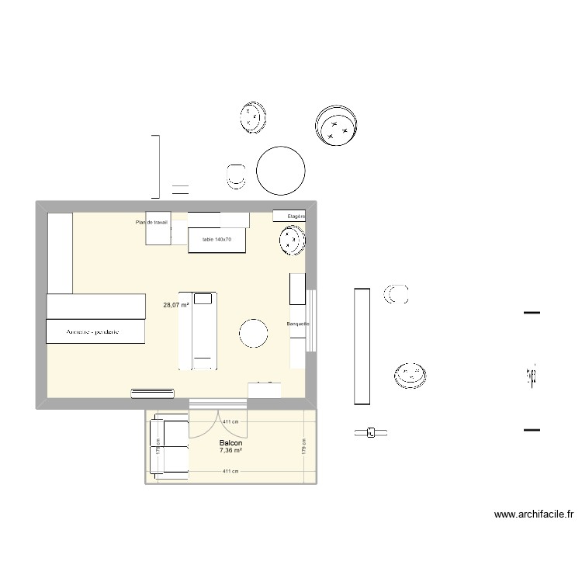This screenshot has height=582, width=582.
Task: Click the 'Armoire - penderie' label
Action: pos(95,332)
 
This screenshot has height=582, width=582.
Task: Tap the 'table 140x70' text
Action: pos(217,240)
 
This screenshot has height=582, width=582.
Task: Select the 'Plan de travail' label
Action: pos(151,223)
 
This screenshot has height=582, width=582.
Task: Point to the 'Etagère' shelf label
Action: pos(296,216)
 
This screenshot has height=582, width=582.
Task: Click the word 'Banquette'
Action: pos(298,324)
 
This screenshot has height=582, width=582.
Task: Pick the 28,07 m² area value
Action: pos(175,306)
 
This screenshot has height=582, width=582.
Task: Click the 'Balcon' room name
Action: pos(230,443)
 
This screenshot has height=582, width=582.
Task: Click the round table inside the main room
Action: pos(255,334)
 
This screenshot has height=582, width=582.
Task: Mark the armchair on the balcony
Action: pos(170,445)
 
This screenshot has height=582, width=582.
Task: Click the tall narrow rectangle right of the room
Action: pos(360,346)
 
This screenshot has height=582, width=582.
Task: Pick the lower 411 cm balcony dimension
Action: pos(230,471)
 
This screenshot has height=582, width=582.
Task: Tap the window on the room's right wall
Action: pos(311,320)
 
